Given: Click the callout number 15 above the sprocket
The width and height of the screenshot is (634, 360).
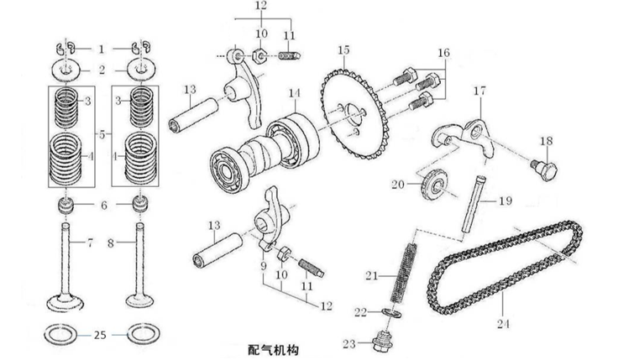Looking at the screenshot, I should point(343,50).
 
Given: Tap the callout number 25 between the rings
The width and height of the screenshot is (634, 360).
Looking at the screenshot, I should point(100,334).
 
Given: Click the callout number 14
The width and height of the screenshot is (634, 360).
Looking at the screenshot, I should point(294,92).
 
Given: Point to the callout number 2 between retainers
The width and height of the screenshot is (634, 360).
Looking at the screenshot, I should point(102,70).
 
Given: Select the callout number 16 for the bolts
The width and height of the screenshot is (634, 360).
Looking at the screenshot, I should point(443,52).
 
